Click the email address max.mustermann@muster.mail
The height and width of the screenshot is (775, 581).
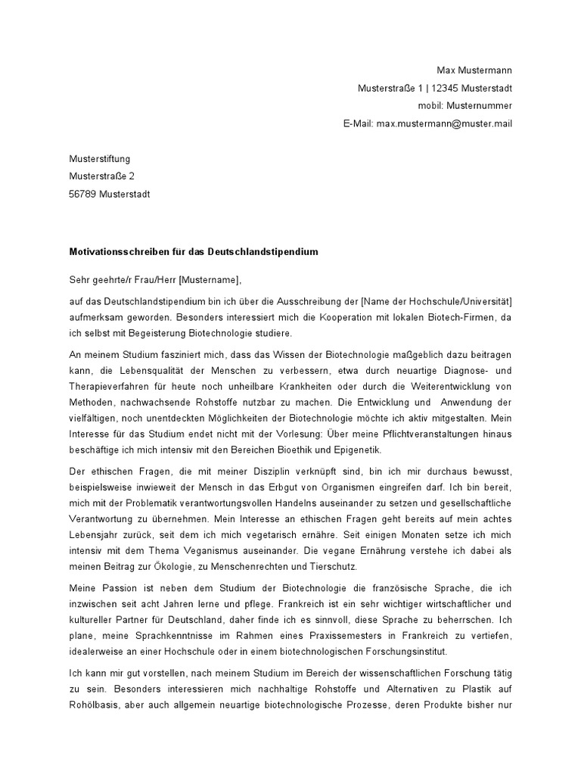[x=444, y=123]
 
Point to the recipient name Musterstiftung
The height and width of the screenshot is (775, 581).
[x=100, y=159]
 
